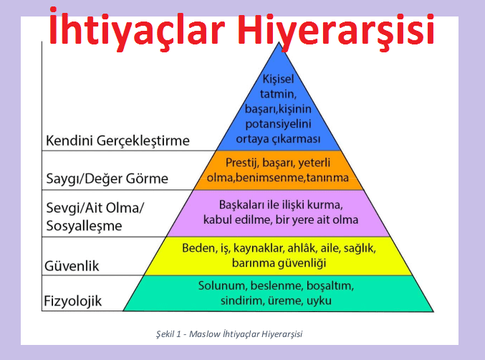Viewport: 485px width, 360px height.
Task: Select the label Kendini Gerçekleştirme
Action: pos(117,141)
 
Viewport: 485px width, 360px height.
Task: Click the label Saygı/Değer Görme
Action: pos(107,179)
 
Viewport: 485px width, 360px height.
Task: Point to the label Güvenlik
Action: pos(72,266)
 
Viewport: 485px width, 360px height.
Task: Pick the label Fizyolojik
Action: pos(72,301)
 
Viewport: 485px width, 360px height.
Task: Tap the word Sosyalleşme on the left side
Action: pos(84,226)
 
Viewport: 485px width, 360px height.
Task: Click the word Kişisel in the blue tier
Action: pos(278,79)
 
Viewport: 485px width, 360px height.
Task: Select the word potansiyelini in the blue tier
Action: pos(278,124)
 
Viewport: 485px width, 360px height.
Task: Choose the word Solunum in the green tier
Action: pos(222,285)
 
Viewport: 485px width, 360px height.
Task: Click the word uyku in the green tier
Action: pos(319,300)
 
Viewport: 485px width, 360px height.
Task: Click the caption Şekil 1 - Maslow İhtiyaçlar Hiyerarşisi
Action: pos(229,334)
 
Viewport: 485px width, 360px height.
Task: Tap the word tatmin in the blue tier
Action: pos(278,94)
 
